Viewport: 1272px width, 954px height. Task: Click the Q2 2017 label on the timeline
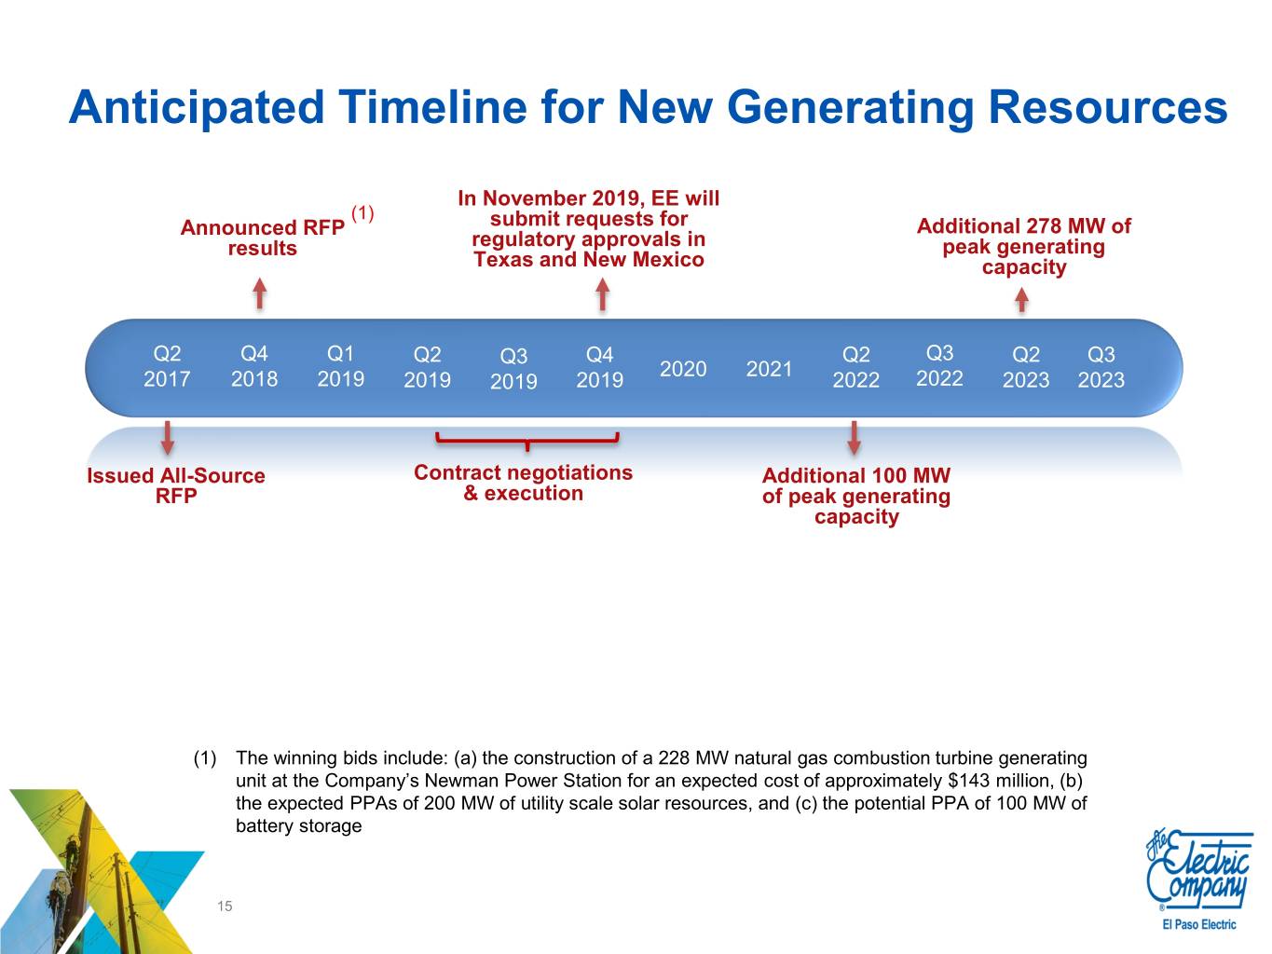click(x=167, y=366)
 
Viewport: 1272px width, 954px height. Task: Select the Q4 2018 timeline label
click(x=254, y=366)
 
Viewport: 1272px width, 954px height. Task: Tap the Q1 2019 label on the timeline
click(x=341, y=366)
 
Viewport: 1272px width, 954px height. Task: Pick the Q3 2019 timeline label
click(x=513, y=368)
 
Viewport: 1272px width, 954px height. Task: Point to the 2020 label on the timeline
click(x=683, y=369)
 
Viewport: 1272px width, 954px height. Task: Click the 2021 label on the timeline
click(x=769, y=369)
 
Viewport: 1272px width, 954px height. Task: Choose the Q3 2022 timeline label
click(x=939, y=365)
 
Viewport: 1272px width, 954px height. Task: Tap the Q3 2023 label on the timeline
click(x=1101, y=367)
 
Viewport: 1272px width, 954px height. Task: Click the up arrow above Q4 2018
click(x=260, y=293)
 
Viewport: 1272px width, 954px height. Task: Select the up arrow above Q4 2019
click(x=603, y=294)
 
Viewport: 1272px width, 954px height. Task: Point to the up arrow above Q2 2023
click(x=1021, y=301)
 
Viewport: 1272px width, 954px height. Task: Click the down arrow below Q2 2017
click(x=168, y=437)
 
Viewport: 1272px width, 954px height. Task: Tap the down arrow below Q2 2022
click(x=854, y=437)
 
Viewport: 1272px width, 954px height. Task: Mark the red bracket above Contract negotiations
click(x=527, y=442)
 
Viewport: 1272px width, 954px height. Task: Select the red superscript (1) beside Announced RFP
click(x=362, y=213)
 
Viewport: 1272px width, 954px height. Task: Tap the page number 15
click(x=225, y=906)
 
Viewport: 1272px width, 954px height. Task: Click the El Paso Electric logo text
click(x=1199, y=925)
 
